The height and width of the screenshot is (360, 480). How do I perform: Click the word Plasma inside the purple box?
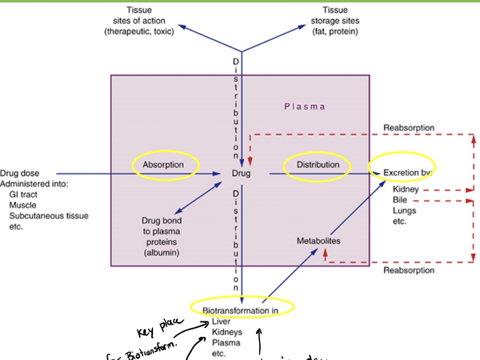click(305, 107)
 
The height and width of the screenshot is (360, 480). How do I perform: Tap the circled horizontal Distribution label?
click(318, 165)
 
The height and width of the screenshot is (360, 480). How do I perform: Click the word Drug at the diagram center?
click(241, 174)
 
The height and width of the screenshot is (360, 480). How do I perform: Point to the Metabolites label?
click(319, 241)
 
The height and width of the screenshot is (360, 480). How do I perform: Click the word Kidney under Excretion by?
click(405, 189)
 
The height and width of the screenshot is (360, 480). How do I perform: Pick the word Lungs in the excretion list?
click(404, 211)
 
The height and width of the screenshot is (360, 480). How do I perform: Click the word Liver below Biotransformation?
click(221, 321)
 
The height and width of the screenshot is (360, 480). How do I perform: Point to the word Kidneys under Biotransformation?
click(227, 332)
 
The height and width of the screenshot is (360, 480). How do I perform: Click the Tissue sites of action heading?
click(139, 21)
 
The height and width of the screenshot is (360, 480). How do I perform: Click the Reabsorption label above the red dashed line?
click(409, 128)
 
